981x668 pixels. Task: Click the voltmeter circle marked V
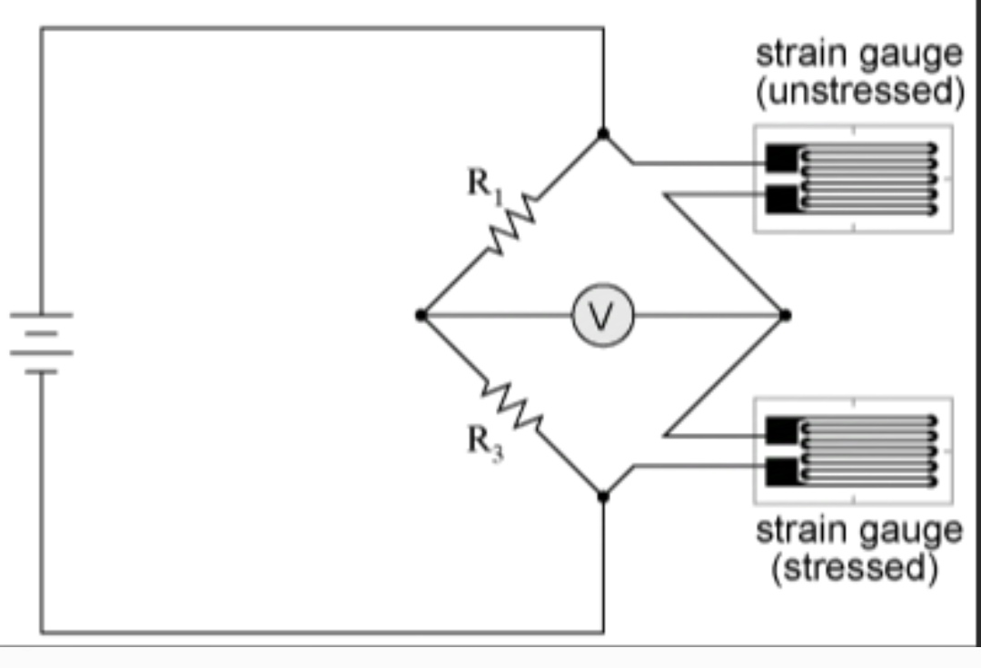point(602,316)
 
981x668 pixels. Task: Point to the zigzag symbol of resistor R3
point(512,406)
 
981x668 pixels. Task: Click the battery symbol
point(41,342)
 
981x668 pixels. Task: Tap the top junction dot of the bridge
point(602,134)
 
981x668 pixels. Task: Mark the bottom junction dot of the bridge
point(602,496)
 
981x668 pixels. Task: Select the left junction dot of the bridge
point(421,315)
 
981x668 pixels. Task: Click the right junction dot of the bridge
point(785,315)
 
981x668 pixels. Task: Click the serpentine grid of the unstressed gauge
point(867,179)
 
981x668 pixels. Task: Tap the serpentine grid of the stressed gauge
point(867,450)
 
